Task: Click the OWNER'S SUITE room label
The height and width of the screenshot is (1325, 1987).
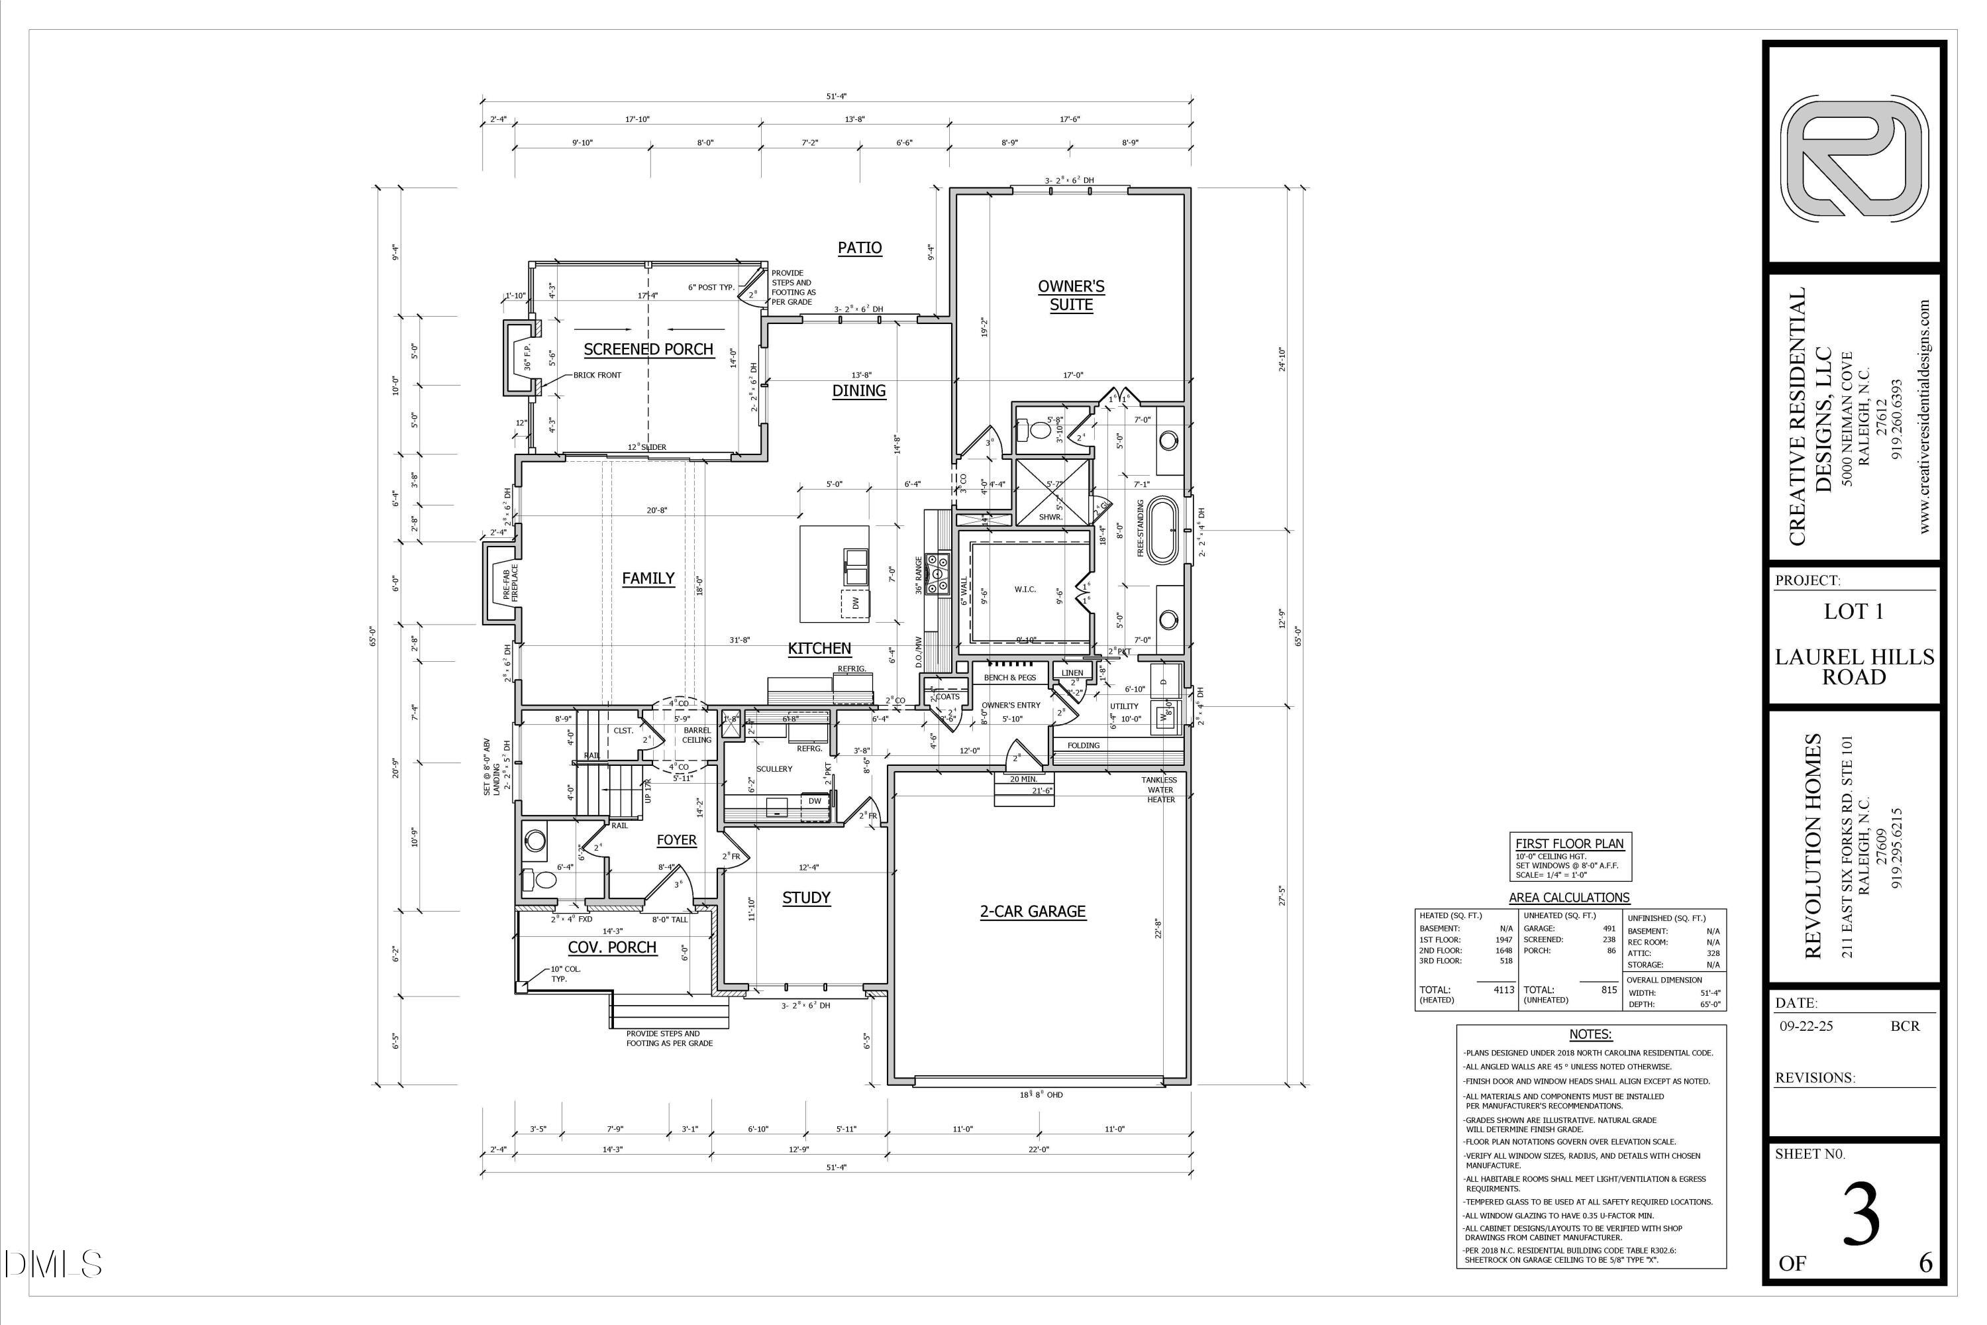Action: click(1070, 295)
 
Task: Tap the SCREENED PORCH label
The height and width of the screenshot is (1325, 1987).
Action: click(648, 349)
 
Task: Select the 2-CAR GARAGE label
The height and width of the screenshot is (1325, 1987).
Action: click(1033, 911)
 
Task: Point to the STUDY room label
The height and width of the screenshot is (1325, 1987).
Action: click(806, 898)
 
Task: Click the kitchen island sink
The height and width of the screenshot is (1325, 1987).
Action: click(856, 564)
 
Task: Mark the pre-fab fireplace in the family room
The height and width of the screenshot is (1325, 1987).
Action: click(500, 582)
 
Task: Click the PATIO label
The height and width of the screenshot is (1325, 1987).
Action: click(859, 248)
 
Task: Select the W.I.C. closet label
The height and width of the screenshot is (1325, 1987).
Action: click(1025, 589)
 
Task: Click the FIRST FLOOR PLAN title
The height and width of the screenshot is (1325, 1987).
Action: click(1569, 843)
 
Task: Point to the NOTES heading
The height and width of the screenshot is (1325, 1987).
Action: click(1590, 1034)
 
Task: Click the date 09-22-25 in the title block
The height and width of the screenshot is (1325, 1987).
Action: click(1806, 1026)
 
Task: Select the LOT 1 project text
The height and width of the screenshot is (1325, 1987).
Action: click(1853, 611)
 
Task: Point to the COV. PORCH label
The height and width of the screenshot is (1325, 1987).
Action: click(611, 947)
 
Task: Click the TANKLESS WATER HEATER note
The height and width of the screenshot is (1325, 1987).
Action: click(1160, 789)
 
